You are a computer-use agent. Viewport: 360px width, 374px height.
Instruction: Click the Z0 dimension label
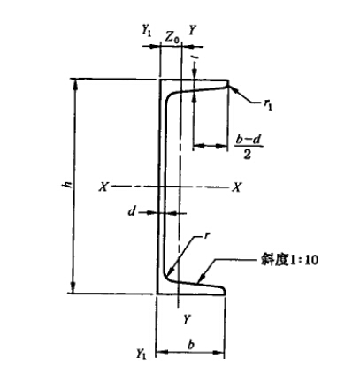click(172, 37)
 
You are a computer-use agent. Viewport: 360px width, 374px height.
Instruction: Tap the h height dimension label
click(68, 185)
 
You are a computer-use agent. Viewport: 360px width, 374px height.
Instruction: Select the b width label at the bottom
click(191, 345)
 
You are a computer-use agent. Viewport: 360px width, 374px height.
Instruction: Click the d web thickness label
click(132, 211)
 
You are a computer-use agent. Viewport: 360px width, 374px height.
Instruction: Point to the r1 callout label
click(268, 104)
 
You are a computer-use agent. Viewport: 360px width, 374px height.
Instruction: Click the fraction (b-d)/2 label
click(249, 147)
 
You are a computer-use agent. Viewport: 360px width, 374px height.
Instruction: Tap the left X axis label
click(103, 187)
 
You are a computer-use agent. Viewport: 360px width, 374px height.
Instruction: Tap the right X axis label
click(237, 187)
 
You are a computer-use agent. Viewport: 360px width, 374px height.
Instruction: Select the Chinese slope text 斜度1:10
click(289, 260)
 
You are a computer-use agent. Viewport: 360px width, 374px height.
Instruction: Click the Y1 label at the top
click(146, 30)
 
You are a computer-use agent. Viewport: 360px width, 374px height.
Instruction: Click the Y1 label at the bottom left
click(141, 354)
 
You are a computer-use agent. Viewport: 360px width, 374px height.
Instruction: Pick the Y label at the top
click(192, 30)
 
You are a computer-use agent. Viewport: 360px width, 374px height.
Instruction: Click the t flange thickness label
click(195, 59)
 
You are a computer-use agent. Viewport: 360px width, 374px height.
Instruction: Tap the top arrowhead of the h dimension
click(75, 84)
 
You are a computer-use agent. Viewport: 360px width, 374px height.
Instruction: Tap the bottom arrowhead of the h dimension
click(73, 288)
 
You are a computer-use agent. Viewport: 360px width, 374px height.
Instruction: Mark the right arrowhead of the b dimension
click(219, 352)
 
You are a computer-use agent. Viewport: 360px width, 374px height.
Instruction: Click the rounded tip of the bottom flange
click(225, 290)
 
